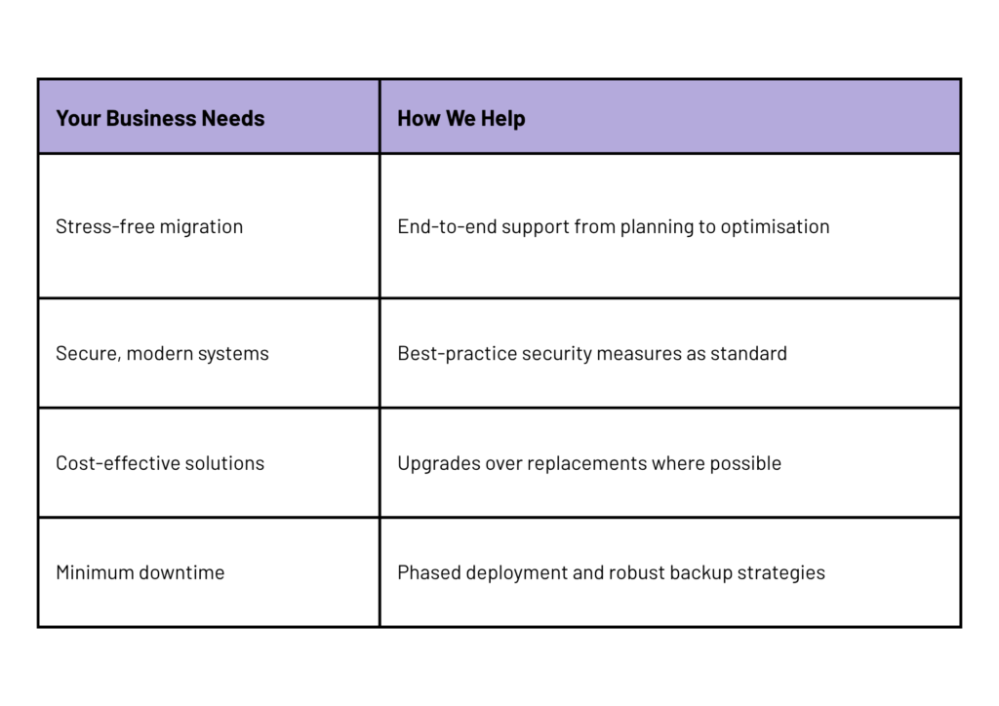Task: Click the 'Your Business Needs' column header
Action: pyautogui.click(x=160, y=118)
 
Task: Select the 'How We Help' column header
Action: pyautogui.click(x=461, y=118)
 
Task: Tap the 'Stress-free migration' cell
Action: pyautogui.click(x=149, y=226)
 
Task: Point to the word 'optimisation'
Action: pyautogui.click(x=775, y=226)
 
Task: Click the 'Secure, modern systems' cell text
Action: pyautogui.click(x=163, y=353)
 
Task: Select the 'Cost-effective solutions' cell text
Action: pyautogui.click(x=160, y=463)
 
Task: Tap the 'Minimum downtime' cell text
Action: pyautogui.click(x=140, y=572)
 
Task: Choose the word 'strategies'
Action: pyautogui.click(x=781, y=573)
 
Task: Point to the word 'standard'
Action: pyautogui.click(x=748, y=353)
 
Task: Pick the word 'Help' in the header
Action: pyautogui.click(x=503, y=118)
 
